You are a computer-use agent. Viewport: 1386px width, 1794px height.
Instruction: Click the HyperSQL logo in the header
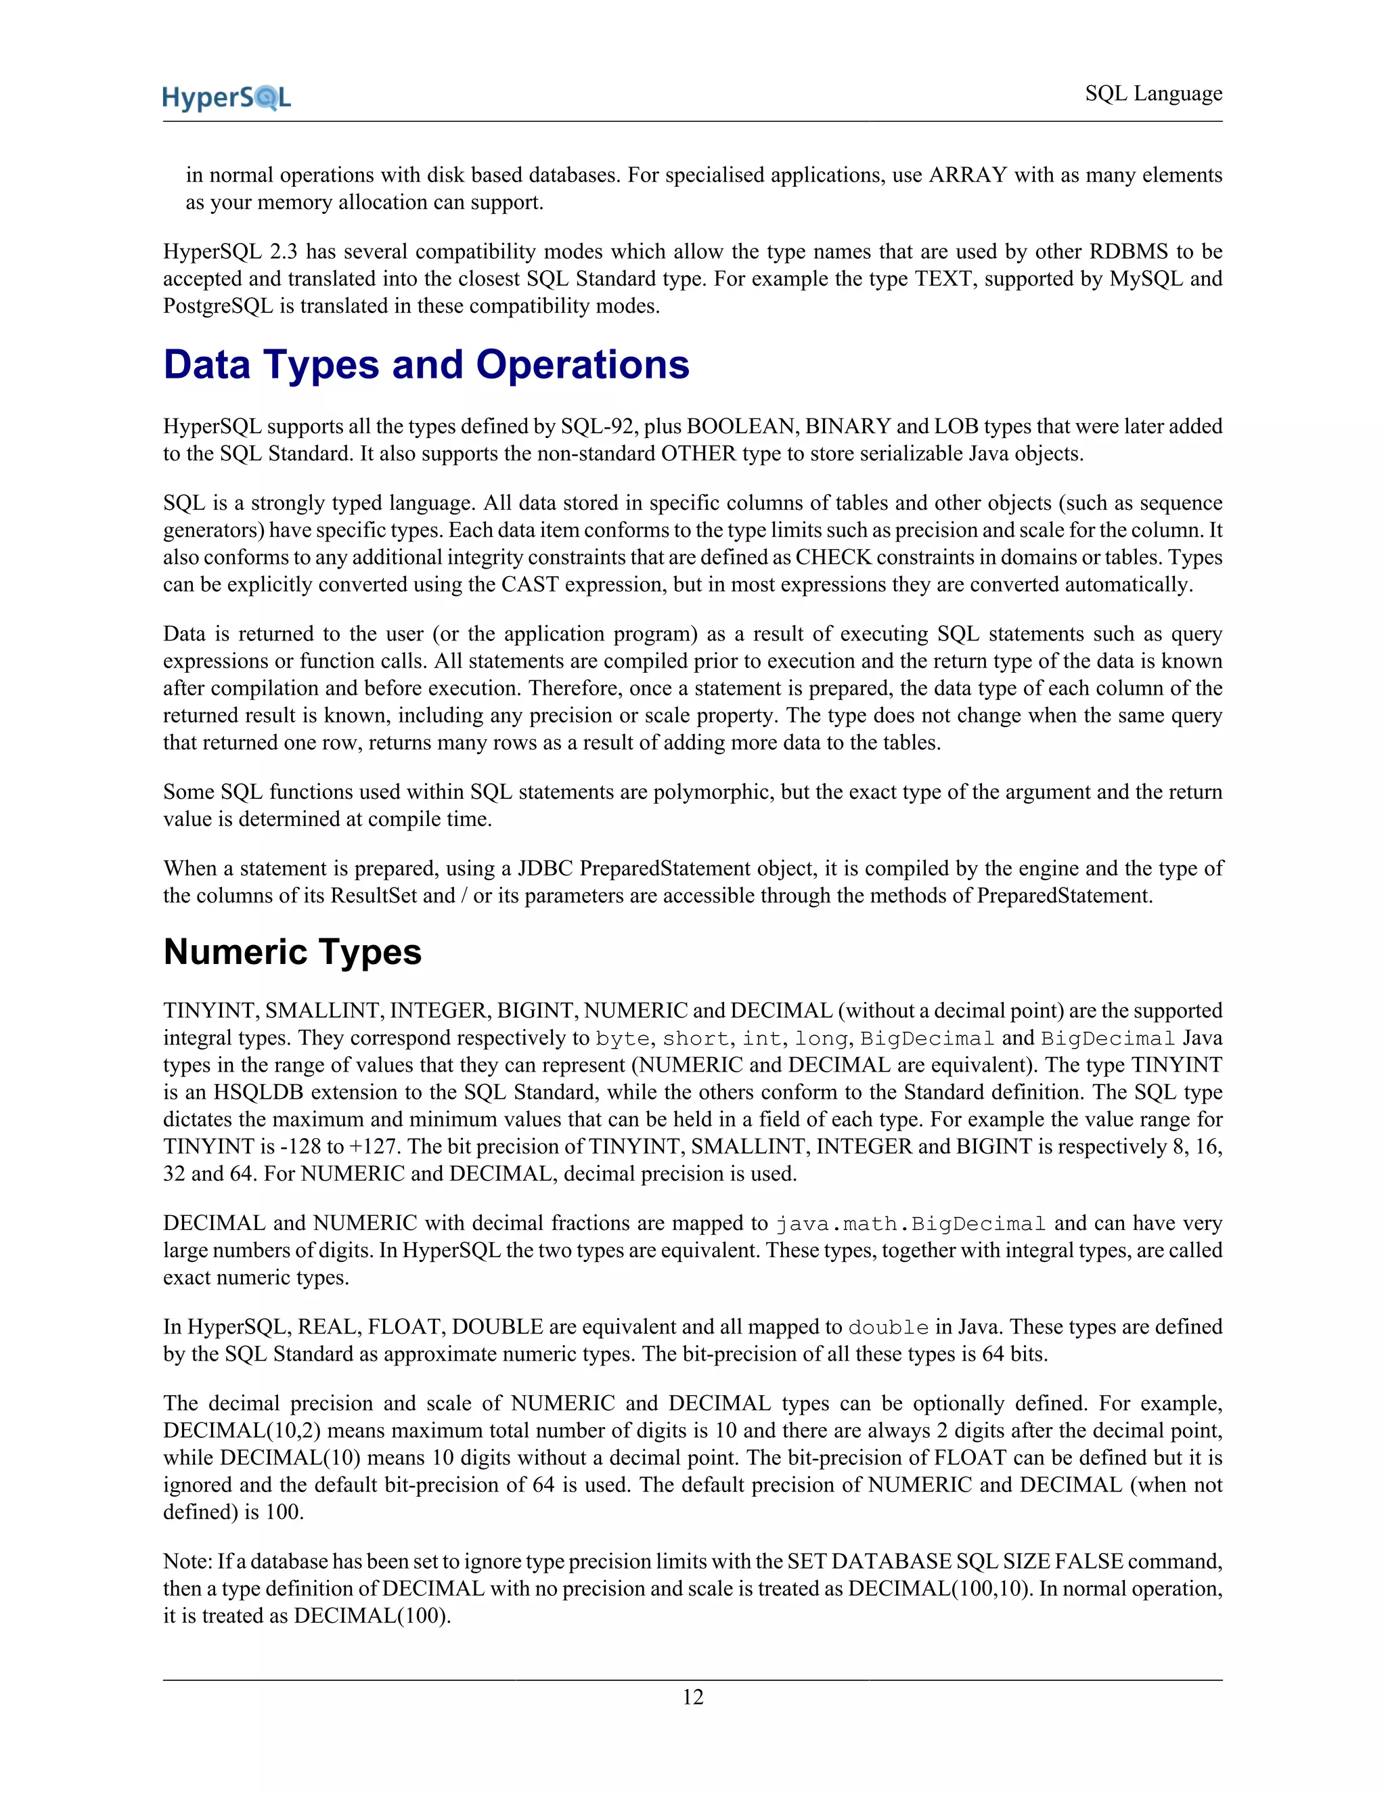[227, 97]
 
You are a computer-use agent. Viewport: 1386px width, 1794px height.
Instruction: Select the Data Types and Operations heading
[426, 365]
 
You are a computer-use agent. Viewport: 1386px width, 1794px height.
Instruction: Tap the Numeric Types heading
[292, 952]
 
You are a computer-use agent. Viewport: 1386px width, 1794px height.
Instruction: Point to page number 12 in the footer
[692, 1697]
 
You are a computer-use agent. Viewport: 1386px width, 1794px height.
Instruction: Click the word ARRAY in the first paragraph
[967, 175]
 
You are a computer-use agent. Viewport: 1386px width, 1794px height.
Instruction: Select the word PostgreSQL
[218, 307]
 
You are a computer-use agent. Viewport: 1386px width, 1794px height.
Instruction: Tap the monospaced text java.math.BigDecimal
[910, 1224]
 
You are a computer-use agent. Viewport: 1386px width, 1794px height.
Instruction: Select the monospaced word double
[888, 1328]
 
